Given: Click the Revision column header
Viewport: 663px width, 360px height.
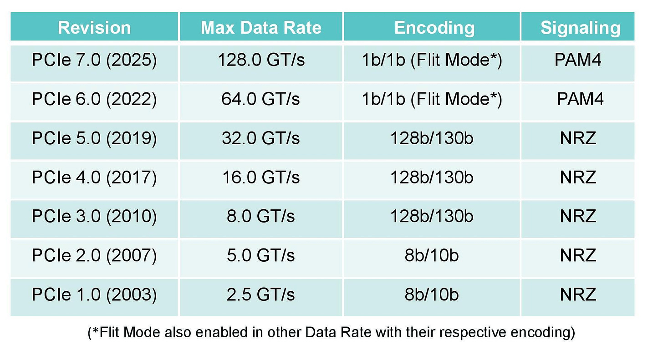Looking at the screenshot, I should click(94, 27).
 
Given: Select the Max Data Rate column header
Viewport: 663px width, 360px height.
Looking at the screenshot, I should click(261, 27).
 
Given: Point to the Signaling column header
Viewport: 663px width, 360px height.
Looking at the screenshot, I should click(580, 27).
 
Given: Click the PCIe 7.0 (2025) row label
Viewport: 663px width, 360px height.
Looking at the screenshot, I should click(94, 61).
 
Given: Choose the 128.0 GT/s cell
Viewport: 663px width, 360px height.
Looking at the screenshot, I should click(261, 61).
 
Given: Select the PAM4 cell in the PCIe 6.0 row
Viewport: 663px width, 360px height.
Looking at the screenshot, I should click(580, 99).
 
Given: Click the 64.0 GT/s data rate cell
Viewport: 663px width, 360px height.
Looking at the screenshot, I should click(261, 99).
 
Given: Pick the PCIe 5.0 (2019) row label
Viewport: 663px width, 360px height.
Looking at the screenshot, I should click(94, 138).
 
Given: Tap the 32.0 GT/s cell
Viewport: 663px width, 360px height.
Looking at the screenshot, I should click(261, 138).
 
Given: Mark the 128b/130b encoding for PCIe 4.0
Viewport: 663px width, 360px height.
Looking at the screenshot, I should click(432, 177).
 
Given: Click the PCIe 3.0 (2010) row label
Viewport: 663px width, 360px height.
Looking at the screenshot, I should click(94, 216).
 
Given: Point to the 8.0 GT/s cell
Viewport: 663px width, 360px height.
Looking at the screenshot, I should click(261, 216).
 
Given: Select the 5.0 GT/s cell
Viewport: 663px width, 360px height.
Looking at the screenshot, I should click(261, 255).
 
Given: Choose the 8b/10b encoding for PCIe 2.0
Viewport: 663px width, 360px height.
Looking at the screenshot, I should click(432, 255).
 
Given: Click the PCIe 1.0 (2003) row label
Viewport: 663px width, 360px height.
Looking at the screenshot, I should click(94, 294).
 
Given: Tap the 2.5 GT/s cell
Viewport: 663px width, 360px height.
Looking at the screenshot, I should click(261, 294).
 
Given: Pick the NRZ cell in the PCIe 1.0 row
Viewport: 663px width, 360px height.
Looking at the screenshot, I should click(578, 294).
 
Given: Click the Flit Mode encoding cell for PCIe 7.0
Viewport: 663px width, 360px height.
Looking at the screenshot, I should click(432, 61).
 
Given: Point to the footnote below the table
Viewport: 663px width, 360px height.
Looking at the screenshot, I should click(331, 333).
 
